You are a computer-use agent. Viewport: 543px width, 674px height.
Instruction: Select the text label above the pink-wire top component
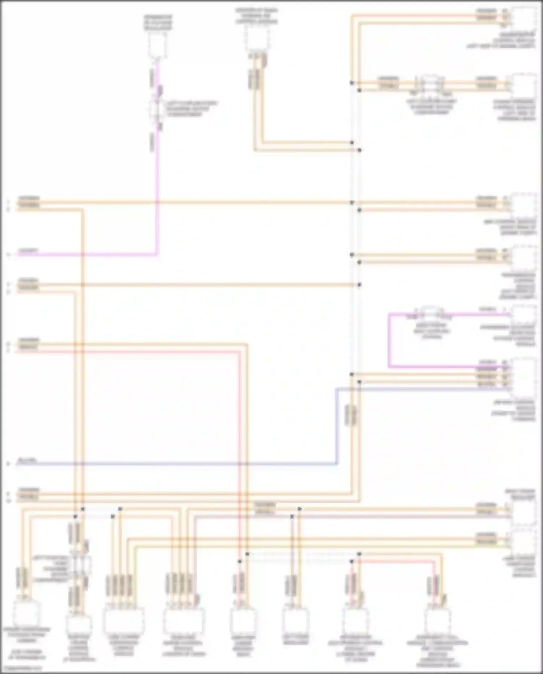(158, 22)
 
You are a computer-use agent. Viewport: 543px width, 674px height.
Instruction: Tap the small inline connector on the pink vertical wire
(157, 108)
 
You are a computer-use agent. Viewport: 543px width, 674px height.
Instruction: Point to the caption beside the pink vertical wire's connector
(191, 109)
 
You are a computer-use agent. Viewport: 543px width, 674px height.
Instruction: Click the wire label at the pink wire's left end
(28, 251)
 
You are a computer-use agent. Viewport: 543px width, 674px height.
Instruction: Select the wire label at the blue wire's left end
(27, 461)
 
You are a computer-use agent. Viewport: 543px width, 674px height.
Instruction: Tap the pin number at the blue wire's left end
(8, 464)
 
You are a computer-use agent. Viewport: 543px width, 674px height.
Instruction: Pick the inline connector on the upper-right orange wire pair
(431, 84)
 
